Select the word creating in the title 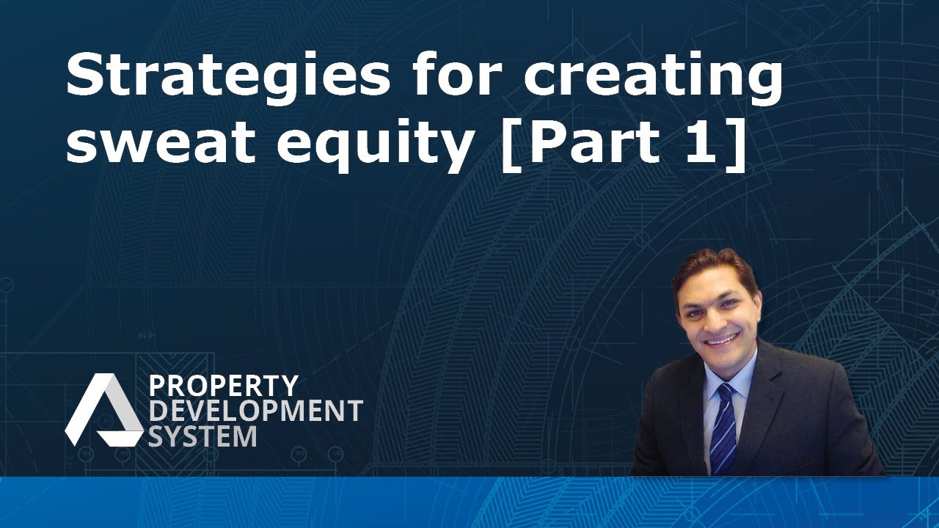[653, 78]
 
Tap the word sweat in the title [161, 142]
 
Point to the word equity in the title [374, 145]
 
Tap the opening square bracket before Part [508, 144]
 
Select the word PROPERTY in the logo [224, 386]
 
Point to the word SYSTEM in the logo [203, 436]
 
